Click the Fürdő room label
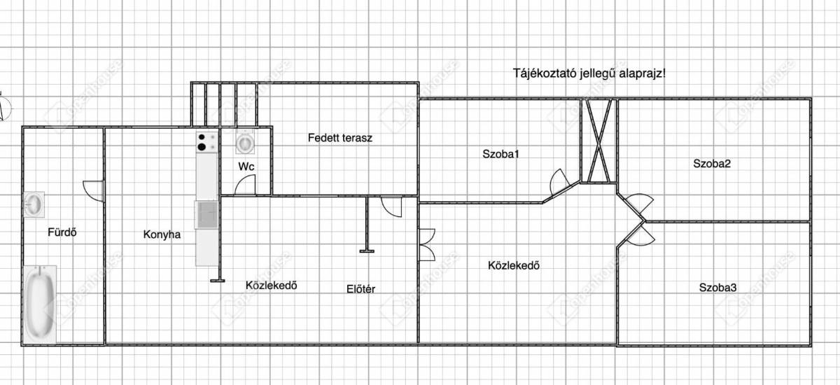(62, 232)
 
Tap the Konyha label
(162, 234)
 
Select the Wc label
(246, 167)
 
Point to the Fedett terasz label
(339, 137)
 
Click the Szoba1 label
(500, 154)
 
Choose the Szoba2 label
(712, 164)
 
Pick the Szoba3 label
(717, 287)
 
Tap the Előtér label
(360, 288)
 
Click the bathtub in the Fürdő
(39, 304)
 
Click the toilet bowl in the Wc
(245, 143)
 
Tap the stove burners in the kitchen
(206, 142)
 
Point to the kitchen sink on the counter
(206, 214)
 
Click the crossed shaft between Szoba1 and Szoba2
(598, 140)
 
